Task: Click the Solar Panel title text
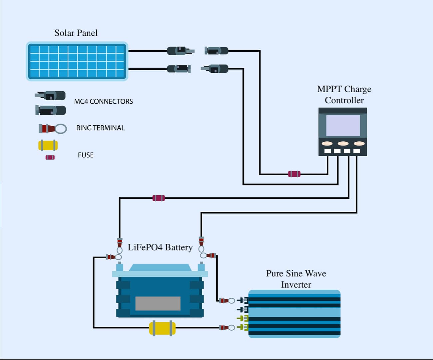[76, 33]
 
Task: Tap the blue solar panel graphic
[77, 62]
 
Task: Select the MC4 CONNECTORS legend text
[103, 101]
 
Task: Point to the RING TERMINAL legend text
[100, 128]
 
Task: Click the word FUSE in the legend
[86, 155]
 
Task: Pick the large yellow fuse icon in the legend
[48, 146]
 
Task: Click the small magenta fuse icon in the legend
[50, 157]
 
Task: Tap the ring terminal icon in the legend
[53, 129]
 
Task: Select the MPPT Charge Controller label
[344, 95]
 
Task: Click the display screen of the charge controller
[343, 126]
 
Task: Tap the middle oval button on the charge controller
[343, 143]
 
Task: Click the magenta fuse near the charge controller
[294, 174]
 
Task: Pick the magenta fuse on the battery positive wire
[159, 198]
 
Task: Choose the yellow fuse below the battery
[162, 328]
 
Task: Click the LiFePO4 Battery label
[160, 247]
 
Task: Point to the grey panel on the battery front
[158, 303]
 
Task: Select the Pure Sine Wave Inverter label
[296, 279]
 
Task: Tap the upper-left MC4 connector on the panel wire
[180, 51]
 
